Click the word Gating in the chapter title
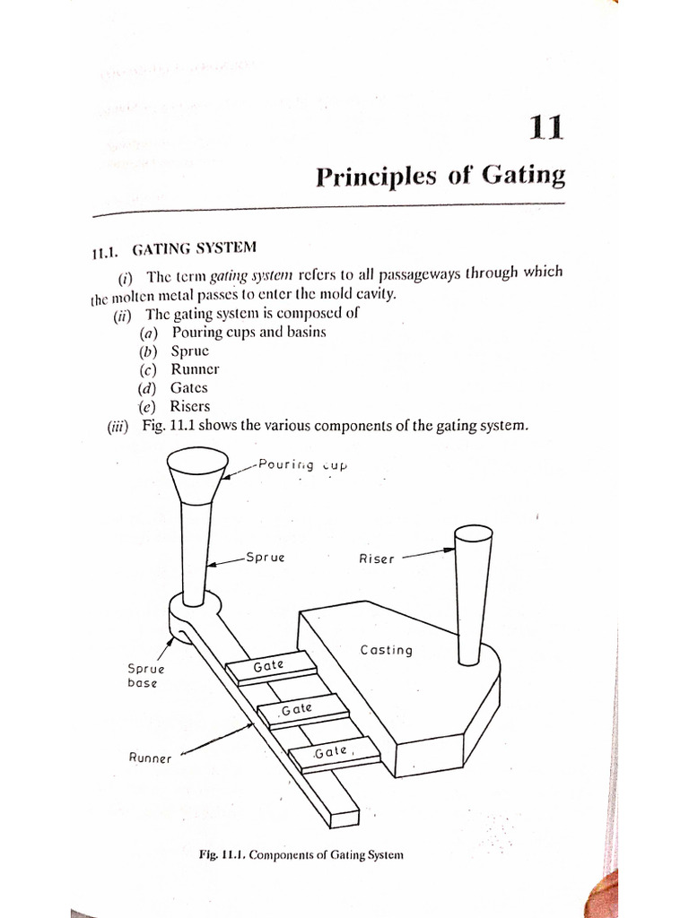coord(524,175)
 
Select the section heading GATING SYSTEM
coord(194,248)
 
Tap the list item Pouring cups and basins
coord(249,332)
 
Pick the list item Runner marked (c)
coord(195,368)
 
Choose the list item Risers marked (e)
coord(190,406)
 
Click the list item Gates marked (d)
coord(188,387)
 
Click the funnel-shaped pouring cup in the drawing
coord(196,473)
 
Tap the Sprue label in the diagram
coord(265,558)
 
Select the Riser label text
coord(376,559)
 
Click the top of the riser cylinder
coord(474,536)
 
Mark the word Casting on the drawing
coord(386,650)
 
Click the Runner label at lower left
coord(150,758)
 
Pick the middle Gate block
coord(301,710)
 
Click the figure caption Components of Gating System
coord(301,854)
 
